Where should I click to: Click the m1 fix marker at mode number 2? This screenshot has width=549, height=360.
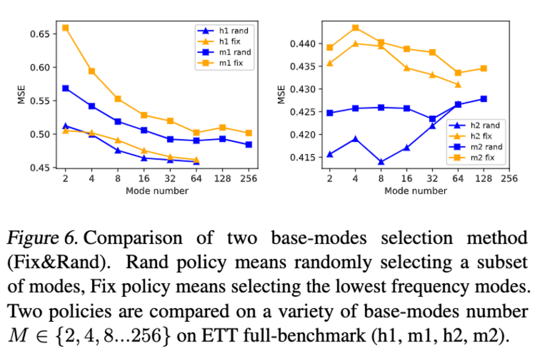point(65,28)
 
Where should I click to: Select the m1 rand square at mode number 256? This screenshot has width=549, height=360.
point(248,144)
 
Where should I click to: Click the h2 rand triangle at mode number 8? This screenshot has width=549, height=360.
point(381,162)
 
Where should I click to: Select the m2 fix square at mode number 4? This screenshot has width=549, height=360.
point(355,27)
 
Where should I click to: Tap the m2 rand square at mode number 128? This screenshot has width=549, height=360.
point(483,99)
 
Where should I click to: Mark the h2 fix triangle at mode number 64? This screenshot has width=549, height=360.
point(457,84)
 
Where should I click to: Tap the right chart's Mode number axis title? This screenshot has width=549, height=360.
point(415,191)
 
